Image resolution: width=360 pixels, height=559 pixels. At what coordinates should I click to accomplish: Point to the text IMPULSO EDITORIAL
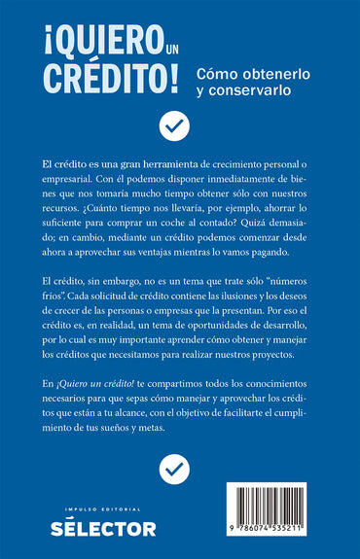click(x=103, y=508)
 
